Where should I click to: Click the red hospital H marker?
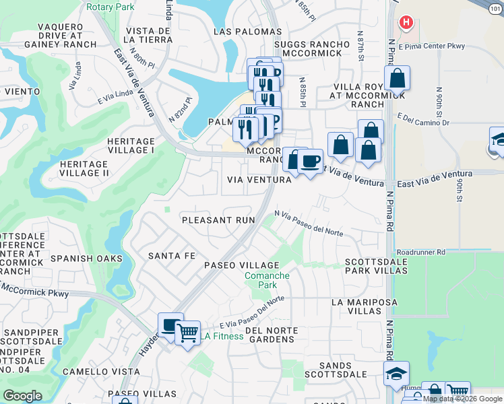(x=405, y=23)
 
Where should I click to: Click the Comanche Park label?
(x=267, y=280)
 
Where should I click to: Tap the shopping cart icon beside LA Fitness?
(x=187, y=332)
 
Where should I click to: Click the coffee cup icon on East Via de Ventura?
(x=310, y=162)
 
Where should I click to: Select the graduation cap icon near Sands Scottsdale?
(x=396, y=373)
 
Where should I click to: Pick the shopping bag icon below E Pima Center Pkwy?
(x=398, y=78)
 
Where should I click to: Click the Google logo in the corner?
(x=22, y=396)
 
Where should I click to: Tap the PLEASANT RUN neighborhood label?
(x=219, y=220)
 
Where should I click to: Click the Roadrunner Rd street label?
(x=421, y=252)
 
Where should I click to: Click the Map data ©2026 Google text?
(x=463, y=399)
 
